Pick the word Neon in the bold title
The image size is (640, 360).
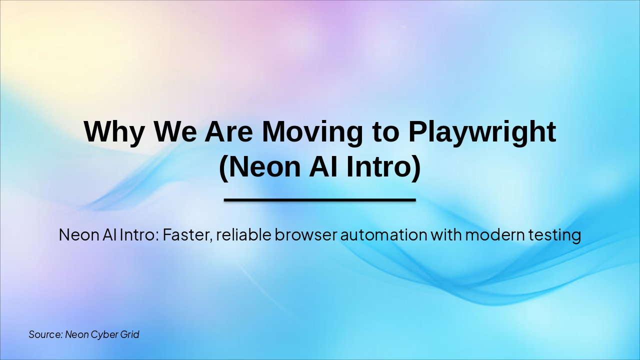coord(263,167)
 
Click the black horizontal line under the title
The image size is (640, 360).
coord(320,200)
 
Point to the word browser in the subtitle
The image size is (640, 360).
coord(306,234)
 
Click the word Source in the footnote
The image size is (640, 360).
coord(45,334)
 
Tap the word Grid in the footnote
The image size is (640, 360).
coord(129,334)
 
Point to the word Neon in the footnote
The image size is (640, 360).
coord(76,334)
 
